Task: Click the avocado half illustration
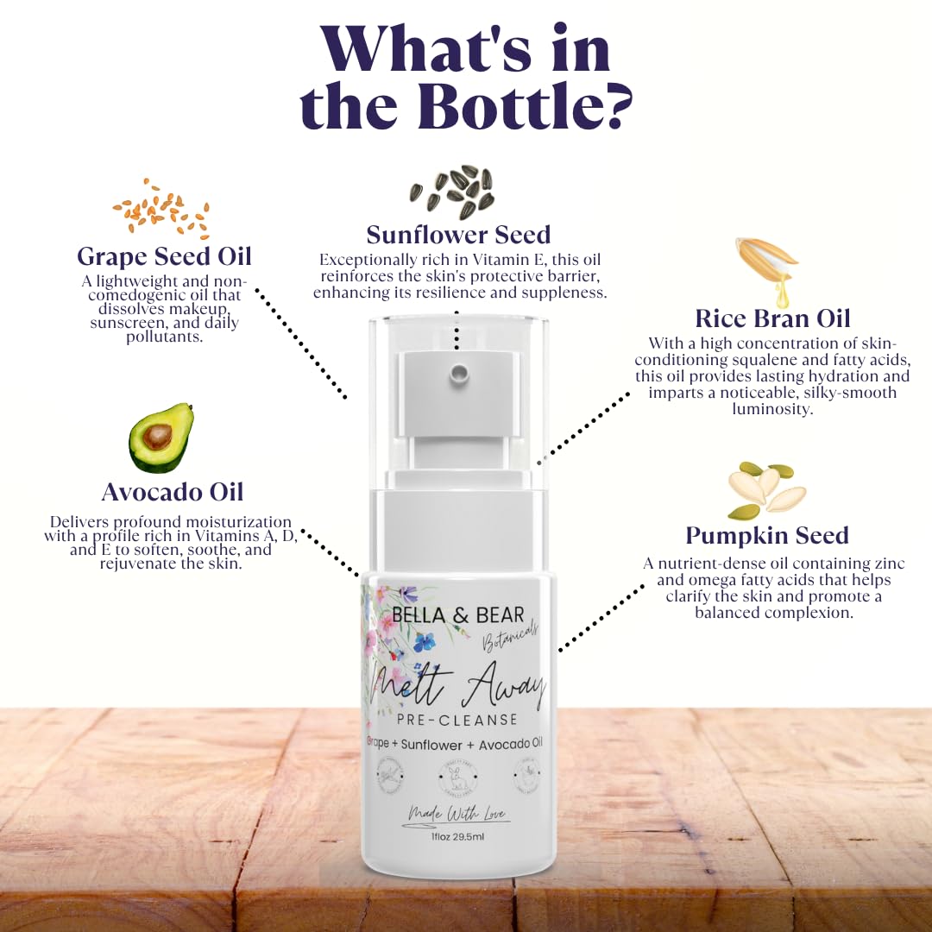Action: [x=161, y=438]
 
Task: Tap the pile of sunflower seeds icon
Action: [x=452, y=192]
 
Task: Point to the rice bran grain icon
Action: [x=767, y=268]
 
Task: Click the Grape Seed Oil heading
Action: [x=164, y=256]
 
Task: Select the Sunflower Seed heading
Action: [x=458, y=234]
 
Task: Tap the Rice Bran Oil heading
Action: [x=772, y=318]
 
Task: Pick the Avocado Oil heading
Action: [x=173, y=491]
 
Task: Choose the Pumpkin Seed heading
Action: [x=767, y=535]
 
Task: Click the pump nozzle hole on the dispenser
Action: [x=458, y=373]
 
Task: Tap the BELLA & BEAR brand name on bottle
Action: [x=457, y=614]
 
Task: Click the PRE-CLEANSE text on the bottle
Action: [x=457, y=719]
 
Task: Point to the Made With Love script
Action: [x=458, y=814]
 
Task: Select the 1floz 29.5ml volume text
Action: [x=457, y=836]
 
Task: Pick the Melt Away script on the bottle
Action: [x=457, y=686]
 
